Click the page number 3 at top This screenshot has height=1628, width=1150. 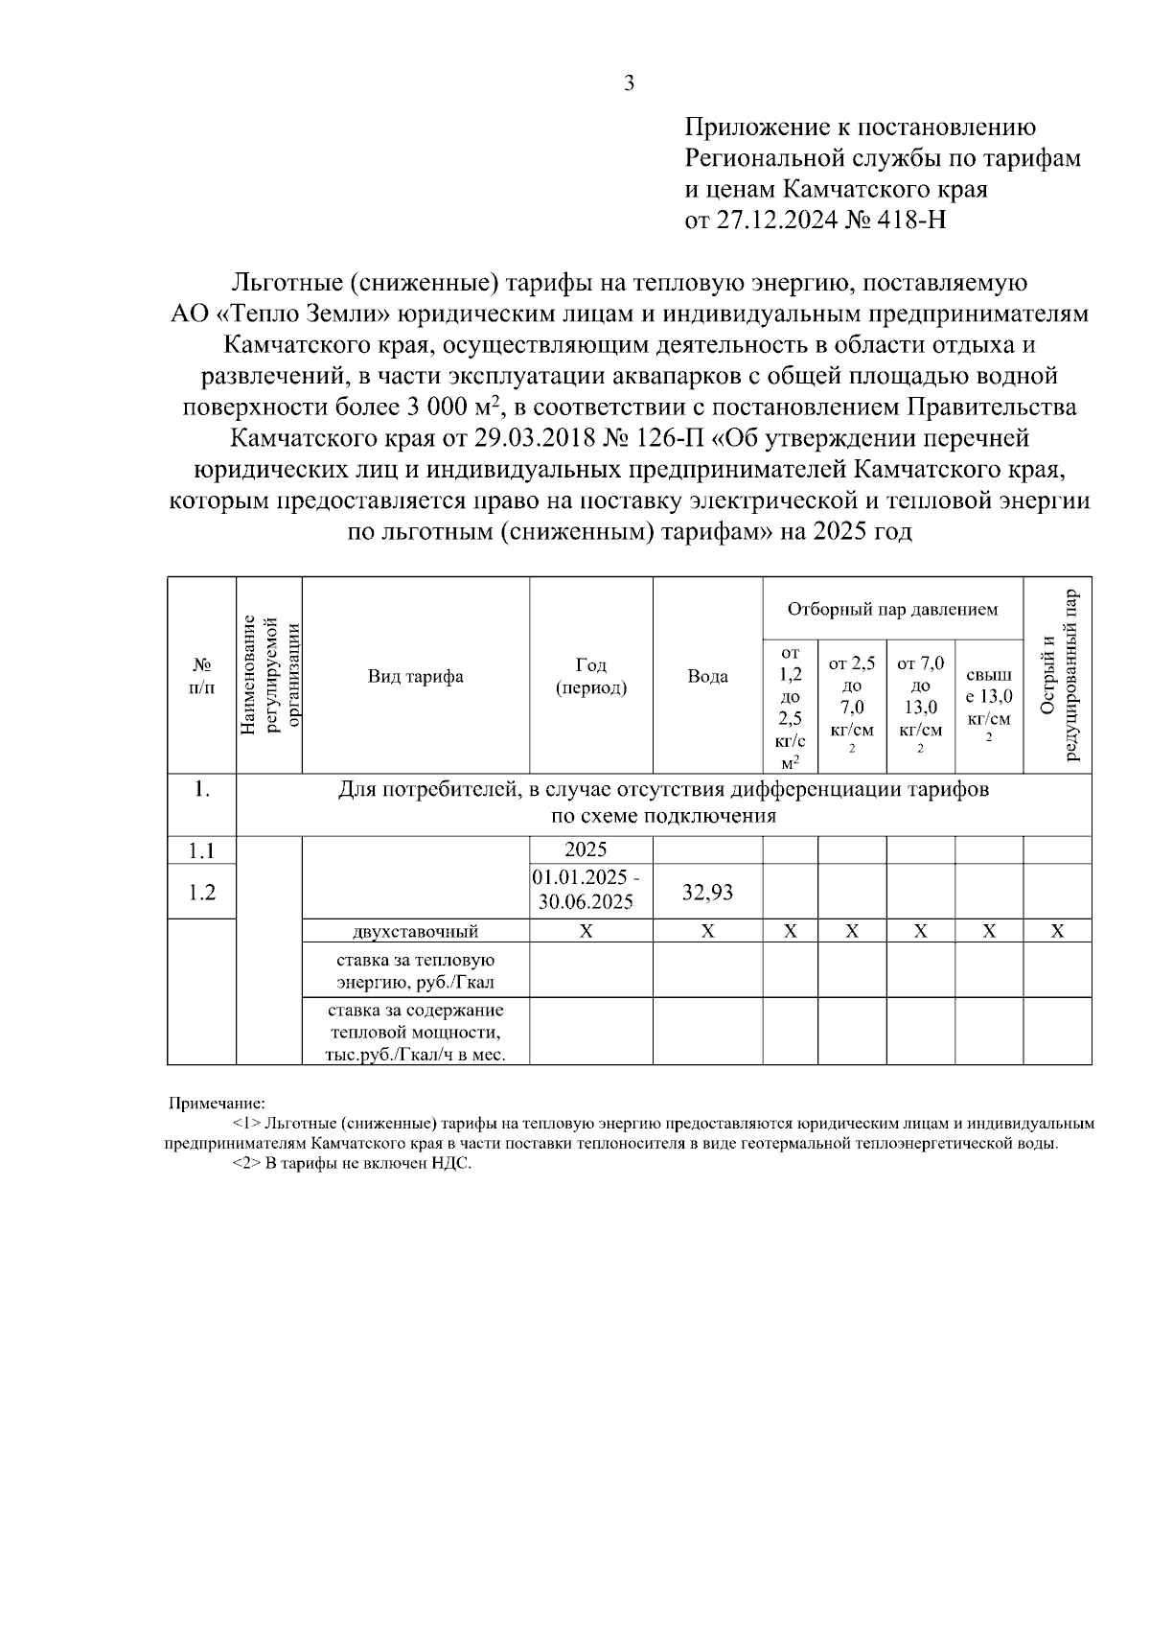pyautogui.click(x=629, y=83)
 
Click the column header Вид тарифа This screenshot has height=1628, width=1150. pyautogui.click(x=416, y=676)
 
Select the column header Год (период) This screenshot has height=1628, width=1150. pyautogui.click(x=591, y=676)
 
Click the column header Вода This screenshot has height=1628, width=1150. pyautogui.click(x=707, y=676)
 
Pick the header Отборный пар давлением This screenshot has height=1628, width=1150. pyautogui.click(x=892, y=609)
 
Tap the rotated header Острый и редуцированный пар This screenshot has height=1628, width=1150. pyautogui.click(x=1058, y=676)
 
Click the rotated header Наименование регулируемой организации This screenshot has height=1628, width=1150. pyautogui.click(x=269, y=676)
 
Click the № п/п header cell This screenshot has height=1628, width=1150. pyautogui.click(x=201, y=676)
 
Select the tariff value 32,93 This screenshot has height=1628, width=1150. pyautogui.click(x=707, y=893)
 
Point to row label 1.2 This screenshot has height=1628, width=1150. pyautogui.click(x=201, y=893)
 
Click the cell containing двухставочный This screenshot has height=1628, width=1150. pyautogui.click(x=415, y=931)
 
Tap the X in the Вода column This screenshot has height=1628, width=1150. pyautogui.click(x=707, y=931)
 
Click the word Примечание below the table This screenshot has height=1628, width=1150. pyautogui.click(x=217, y=1104)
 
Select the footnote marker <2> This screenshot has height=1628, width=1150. pyautogui.click(x=246, y=1164)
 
